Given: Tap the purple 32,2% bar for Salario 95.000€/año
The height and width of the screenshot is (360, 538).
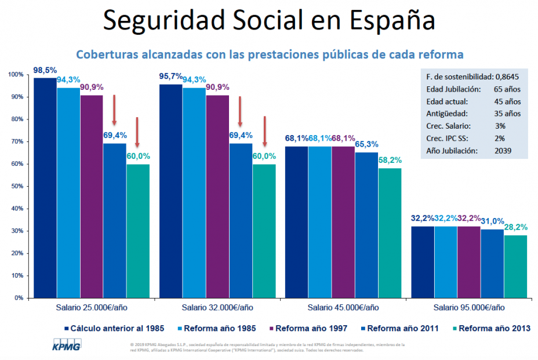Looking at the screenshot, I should tap(468, 261).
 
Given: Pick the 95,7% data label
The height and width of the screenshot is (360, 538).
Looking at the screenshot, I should tap(170, 76).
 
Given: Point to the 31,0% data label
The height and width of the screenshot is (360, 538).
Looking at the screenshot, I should tap(492, 221).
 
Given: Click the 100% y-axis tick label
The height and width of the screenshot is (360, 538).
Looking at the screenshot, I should tap(16, 75).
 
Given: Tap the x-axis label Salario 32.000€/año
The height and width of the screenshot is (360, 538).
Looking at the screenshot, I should tap(217, 307).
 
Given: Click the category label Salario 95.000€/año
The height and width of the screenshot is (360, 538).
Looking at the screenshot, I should tap(468, 307).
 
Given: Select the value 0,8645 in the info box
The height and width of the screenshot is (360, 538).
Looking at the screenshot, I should tap(508, 76).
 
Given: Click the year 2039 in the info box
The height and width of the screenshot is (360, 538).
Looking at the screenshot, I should tap(501, 151).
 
